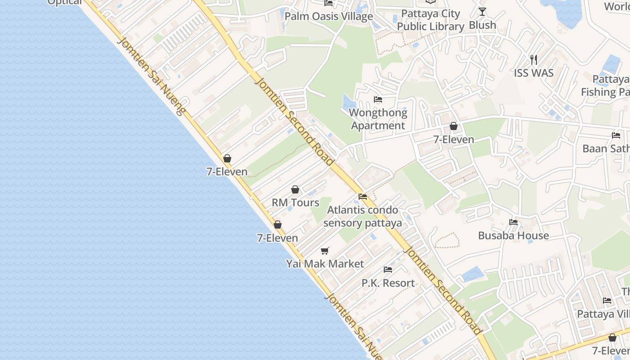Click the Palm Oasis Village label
[x=329, y=17]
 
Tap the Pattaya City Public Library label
[x=430, y=20]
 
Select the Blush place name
[x=482, y=25]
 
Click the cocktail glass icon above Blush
[x=482, y=11]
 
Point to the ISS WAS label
[x=534, y=73]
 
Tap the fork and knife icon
[x=534, y=59]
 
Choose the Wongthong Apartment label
[x=378, y=119]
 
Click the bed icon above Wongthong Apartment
[x=378, y=99]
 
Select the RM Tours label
[x=295, y=202]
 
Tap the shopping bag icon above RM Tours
[x=295, y=189]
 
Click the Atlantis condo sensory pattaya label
[x=363, y=216]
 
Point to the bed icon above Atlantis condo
[x=363, y=197]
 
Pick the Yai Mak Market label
[x=325, y=264]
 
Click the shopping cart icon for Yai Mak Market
[x=325, y=251]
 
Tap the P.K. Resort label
[x=388, y=283]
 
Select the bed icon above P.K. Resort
[x=388, y=270]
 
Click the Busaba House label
[x=513, y=235]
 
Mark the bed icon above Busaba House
[x=513, y=222]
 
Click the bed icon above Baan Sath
[x=616, y=135]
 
